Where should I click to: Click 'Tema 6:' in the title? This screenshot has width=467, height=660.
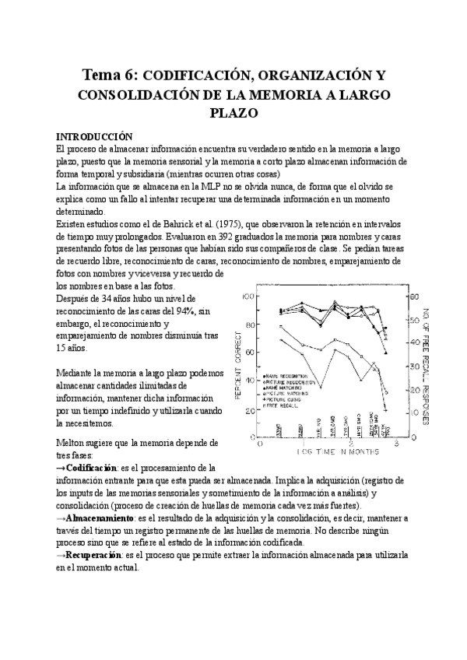pos(108,75)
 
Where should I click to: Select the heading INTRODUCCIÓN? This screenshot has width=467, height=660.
pos(88,135)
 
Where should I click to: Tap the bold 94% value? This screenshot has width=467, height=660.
pos(186,311)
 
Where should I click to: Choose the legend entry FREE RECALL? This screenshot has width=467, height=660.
pos(285,405)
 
